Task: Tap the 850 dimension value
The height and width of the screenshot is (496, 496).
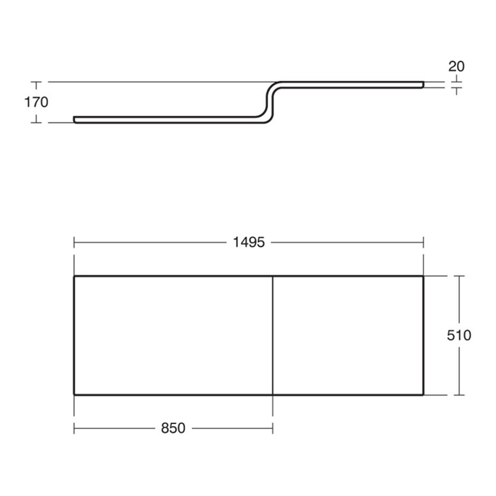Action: coord(174,428)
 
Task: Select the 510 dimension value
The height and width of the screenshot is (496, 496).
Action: coord(459,335)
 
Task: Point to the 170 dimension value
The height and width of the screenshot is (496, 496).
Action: coord(37,102)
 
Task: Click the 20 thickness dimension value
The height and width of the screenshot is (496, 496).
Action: coord(456,66)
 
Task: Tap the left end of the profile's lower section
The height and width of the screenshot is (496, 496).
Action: coord(74,119)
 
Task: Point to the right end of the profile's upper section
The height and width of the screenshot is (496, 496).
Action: coord(423,83)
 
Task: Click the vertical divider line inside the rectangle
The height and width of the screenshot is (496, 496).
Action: coord(273,335)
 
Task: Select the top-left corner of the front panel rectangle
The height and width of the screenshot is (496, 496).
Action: coord(74,276)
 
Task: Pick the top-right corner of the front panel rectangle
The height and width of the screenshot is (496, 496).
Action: coord(423,276)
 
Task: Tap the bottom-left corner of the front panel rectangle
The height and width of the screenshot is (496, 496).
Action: coord(74,394)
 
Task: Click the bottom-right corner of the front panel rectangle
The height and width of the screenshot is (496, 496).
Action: coord(423,394)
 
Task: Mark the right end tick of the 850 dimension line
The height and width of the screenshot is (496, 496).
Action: coord(273,428)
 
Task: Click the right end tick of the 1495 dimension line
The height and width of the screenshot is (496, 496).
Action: coord(423,242)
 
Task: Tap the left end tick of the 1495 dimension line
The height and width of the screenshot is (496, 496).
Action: coord(74,242)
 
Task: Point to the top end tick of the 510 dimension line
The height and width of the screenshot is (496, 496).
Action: coord(459,276)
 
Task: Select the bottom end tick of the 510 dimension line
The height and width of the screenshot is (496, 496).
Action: coord(459,394)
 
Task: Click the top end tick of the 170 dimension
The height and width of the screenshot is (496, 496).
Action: coord(37,82)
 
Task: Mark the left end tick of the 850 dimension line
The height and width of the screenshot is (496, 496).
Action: coord(74,428)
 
